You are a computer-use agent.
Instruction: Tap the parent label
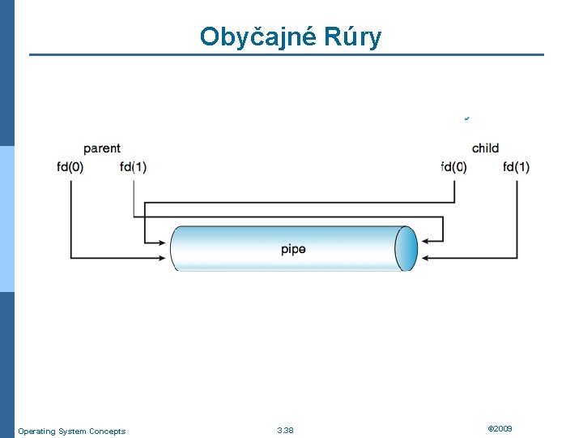click(x=102, y=148)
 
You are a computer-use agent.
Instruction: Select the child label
click(x=485, y=148)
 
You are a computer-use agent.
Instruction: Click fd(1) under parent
click(x=133, y=167)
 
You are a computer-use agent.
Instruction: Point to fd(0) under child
click(x=453, y=167)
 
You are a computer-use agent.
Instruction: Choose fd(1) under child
click(x=516, y=167)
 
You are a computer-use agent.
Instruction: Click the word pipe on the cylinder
click(x=293, y=249)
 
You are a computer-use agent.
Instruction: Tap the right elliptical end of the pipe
click(x=406, y=248)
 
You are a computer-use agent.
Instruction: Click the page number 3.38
click(x=285, y=430)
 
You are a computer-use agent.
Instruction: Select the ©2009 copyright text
click(x=500, y=428)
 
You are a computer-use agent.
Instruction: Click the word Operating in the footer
click(x=36, y=431)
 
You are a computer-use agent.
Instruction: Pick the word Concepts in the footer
click(x=109, y=431)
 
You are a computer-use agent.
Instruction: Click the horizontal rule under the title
click(x=287, y=55)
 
